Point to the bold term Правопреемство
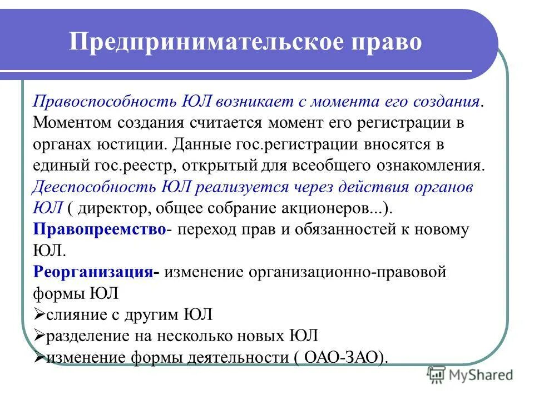(x=99, y=229)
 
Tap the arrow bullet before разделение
(x=39, y=336)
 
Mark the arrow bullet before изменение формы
(x=39, y=357)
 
